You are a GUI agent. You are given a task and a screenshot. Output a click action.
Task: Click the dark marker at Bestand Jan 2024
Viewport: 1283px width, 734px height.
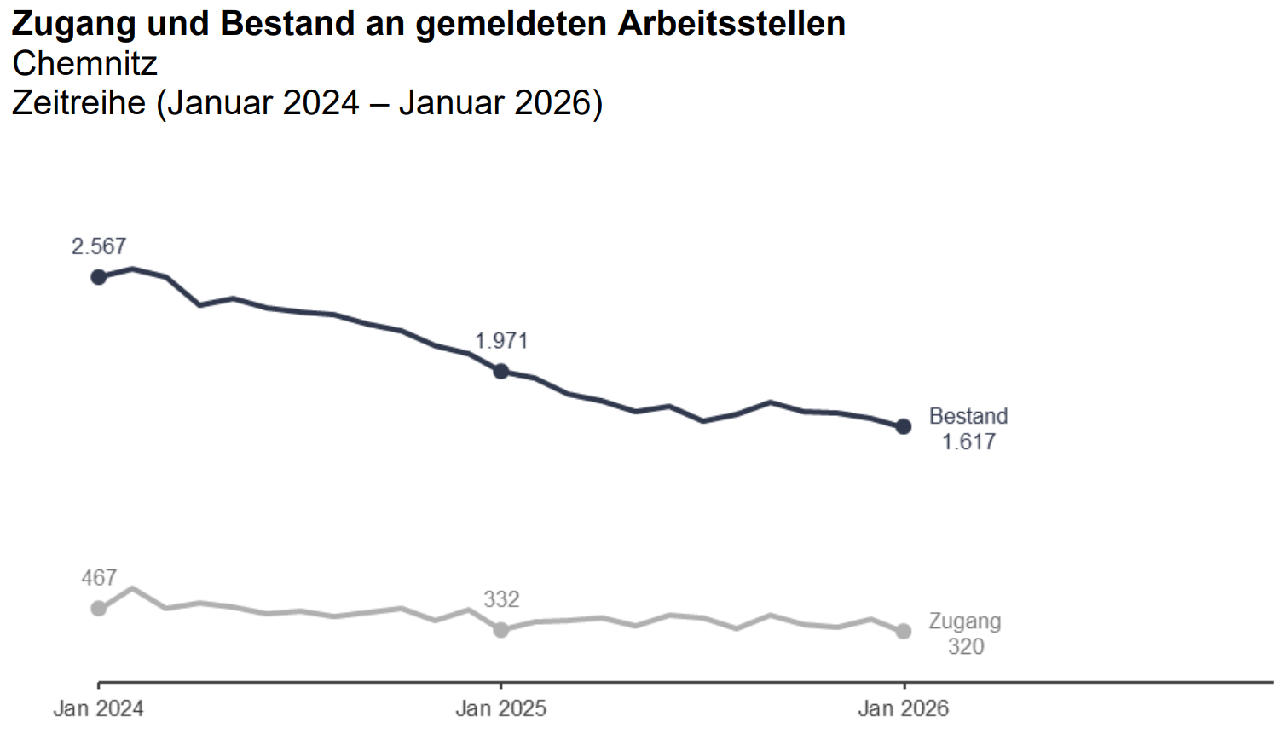tap(99, 277)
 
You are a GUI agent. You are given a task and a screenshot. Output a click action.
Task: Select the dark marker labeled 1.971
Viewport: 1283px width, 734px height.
tap(501, 372)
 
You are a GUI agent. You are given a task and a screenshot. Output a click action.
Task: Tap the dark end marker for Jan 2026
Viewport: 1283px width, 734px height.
tap(904, 426)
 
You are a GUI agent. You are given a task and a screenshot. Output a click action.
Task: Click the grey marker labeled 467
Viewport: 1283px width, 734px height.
tap(99, 608)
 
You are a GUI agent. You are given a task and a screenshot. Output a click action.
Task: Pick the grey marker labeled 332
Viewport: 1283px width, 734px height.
tap(501, 629)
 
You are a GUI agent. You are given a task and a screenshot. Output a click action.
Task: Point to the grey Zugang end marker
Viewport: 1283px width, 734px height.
tap(904, 632)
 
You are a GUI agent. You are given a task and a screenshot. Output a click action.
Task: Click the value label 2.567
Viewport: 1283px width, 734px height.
tap(99, 246)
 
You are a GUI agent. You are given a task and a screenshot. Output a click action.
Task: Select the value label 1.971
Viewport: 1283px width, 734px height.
tap(501, 341)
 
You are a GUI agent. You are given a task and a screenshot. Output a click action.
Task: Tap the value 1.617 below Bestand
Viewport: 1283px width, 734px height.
tap(968, 442)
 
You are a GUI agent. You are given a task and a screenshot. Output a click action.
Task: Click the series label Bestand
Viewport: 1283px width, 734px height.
tap(968, 416)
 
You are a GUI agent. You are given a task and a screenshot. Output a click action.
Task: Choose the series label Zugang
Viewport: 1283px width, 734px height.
tap(965, 621)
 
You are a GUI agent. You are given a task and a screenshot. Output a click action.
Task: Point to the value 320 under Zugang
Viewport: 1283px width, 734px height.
tap(966, 646)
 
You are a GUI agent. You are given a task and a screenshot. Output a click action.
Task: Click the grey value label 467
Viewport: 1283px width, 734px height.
tap(99, 578)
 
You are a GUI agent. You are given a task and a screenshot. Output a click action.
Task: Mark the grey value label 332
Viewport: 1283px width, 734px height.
tap(501, 599)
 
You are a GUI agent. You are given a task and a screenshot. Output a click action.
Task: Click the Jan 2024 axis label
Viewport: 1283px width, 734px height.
tap(98, 708)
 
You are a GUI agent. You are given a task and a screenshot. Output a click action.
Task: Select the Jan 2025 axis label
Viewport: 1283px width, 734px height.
tap(500, 708)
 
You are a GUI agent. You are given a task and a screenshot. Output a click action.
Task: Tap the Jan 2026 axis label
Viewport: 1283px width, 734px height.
tap(903, 708)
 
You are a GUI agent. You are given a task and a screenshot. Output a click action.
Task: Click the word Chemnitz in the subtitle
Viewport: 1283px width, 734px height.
tap(85, 64)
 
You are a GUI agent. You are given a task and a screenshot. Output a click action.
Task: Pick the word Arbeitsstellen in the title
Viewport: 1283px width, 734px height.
tap(731, 24)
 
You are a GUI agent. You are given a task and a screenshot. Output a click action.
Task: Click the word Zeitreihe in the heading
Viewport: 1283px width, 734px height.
tap(79, 103)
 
